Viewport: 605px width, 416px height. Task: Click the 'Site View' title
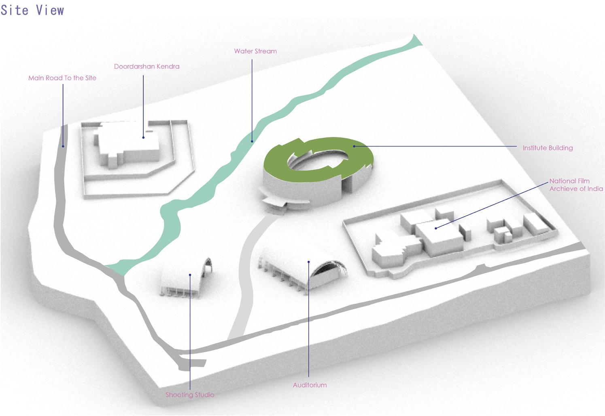32,10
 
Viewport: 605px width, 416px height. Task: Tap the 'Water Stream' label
255,51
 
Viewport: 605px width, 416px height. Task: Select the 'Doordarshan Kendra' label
146,66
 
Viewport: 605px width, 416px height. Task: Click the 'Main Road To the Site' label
62,78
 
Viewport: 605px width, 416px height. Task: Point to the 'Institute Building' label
548,148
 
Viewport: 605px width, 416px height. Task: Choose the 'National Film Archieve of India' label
575,185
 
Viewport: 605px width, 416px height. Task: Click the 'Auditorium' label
310,385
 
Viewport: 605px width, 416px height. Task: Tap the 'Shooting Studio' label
190,395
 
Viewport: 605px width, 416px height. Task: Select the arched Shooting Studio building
186,279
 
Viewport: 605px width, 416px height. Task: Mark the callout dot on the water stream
252,141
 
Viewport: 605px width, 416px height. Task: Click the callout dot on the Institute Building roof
354,146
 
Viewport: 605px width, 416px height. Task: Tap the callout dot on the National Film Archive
436,229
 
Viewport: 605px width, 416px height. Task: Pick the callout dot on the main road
63,146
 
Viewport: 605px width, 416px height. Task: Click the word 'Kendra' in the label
169,66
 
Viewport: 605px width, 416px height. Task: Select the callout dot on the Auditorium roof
308,262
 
